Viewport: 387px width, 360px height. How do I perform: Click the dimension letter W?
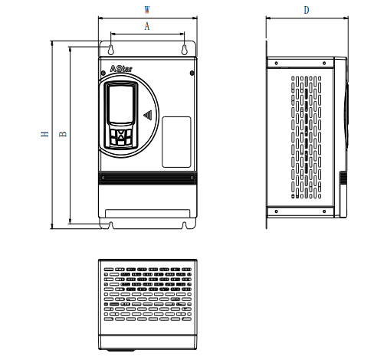(x=147, y=10)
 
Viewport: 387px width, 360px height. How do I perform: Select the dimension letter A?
(x=147, y=26)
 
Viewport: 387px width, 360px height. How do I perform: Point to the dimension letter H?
(x=45, y=134)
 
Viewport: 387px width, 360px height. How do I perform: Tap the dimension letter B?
(x=63, y=134)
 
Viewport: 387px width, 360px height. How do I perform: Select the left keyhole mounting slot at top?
(x=111, y=50)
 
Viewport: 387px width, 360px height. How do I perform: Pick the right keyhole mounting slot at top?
(x=184, y=50)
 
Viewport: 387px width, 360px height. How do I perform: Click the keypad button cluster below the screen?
(x=121, y=136)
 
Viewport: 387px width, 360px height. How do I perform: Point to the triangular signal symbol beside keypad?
(x=147, y=116)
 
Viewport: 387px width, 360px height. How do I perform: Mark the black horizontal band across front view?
(x=147, y=178)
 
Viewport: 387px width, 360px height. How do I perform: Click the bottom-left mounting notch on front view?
(x=111, y=224)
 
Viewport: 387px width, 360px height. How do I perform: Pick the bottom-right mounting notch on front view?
(x=184, y=224)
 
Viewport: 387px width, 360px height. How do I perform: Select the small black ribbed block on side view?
(x=343, y=178)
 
